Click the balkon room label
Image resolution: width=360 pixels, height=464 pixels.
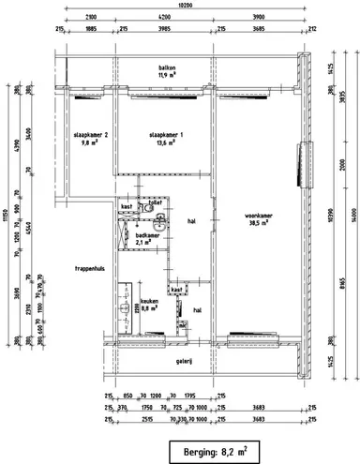pos(168,68)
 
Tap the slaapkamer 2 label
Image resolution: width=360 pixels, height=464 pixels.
pos(91,135)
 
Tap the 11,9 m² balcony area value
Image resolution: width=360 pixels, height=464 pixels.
pos(168,76)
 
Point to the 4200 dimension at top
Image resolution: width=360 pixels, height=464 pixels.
pos(164,18)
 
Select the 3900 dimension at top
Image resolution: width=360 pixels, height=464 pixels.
pos(259,18)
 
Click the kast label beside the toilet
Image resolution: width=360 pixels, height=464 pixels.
pos(127,204)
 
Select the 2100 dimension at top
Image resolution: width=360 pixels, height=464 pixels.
pos(89,18)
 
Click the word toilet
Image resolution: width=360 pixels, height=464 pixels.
pos(157,202)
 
